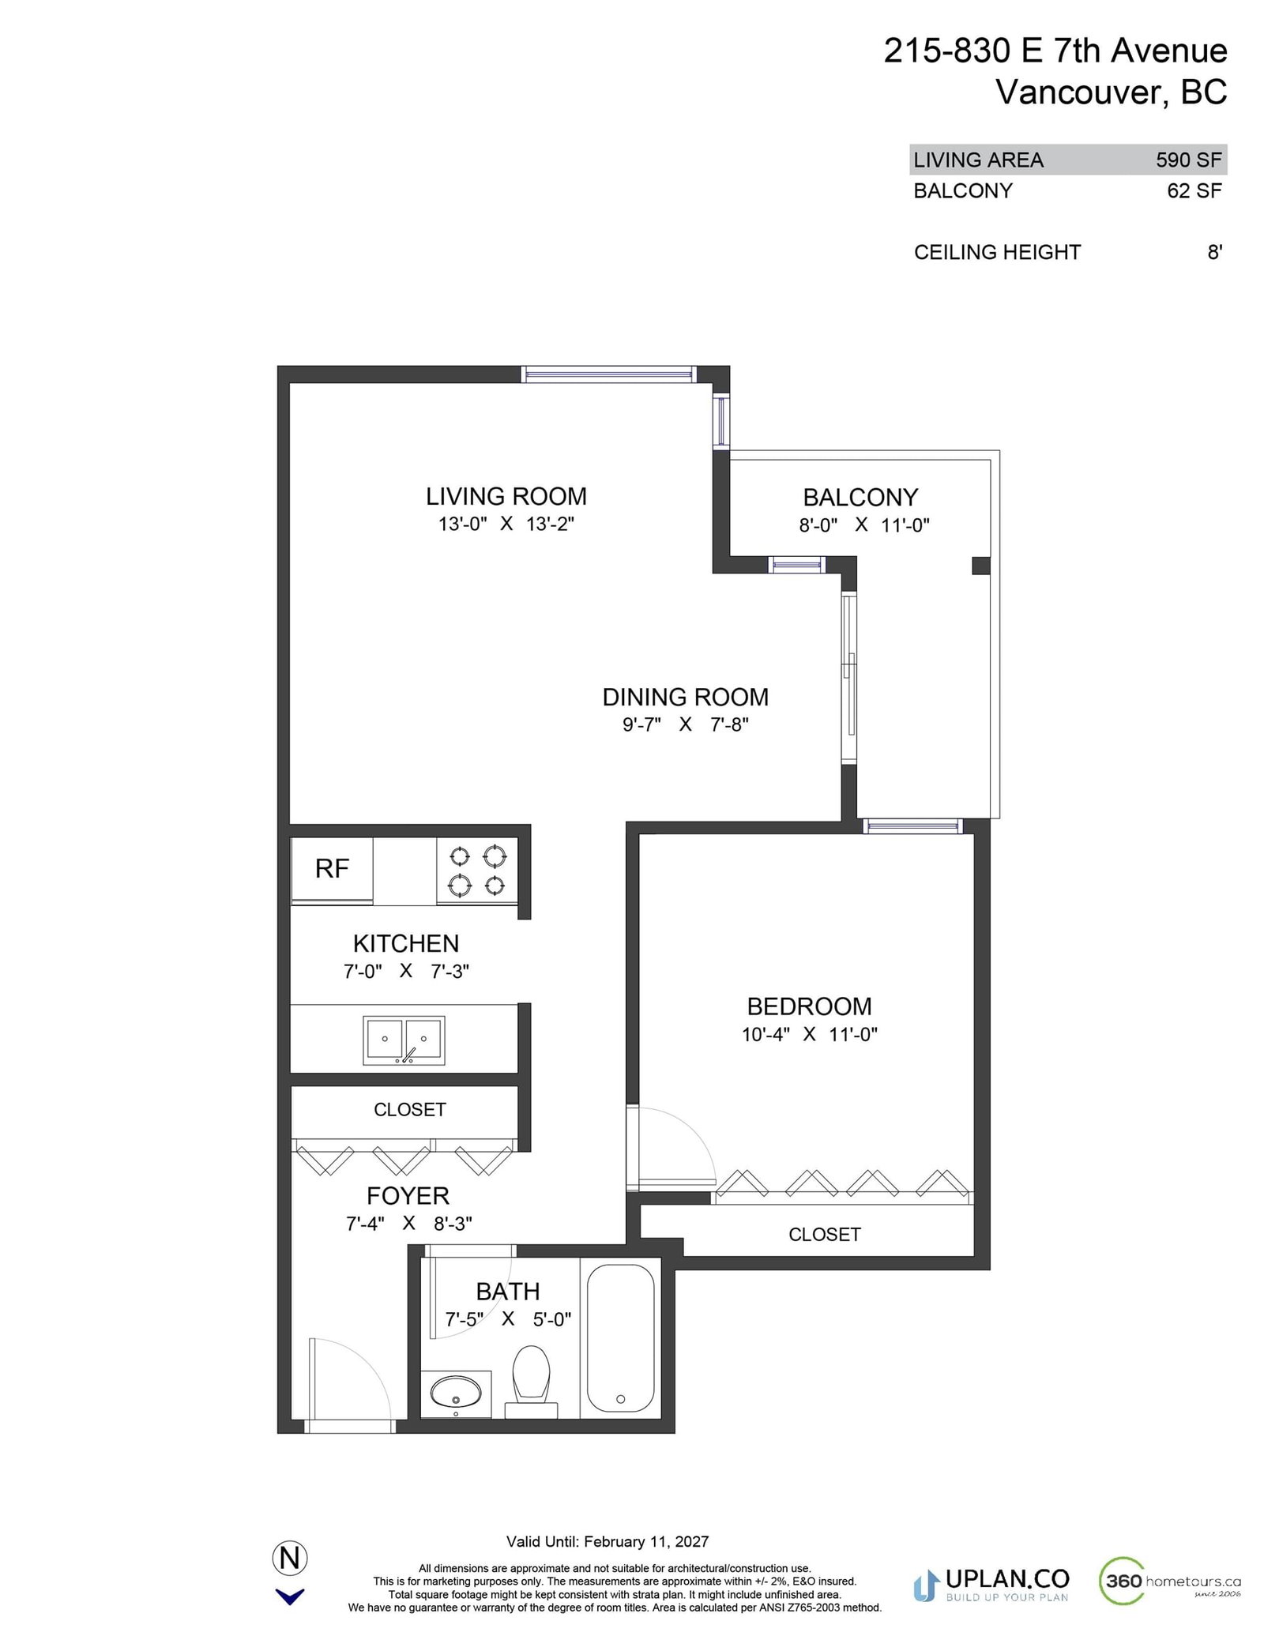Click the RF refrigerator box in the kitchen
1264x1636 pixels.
coord(332,869)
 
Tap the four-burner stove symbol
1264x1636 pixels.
coord(477,871)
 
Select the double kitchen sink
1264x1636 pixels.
coord(404,1040)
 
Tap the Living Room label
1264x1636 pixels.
coord(506,497)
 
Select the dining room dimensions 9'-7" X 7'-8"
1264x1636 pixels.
coord(685,724)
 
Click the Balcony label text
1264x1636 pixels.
coord(860,498)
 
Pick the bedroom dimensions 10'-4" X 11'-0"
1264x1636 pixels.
coord(809,1034)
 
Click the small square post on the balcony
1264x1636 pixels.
coord(980,566)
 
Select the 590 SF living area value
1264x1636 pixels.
coord(1188,160)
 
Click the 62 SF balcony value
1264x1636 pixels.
coord(1194,191)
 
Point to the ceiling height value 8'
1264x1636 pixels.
coord(1214,253)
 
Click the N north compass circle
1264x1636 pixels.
coord(290,1559)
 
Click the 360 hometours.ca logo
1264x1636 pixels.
coord(1169,1581)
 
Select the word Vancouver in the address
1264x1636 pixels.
coord(1079,92)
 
